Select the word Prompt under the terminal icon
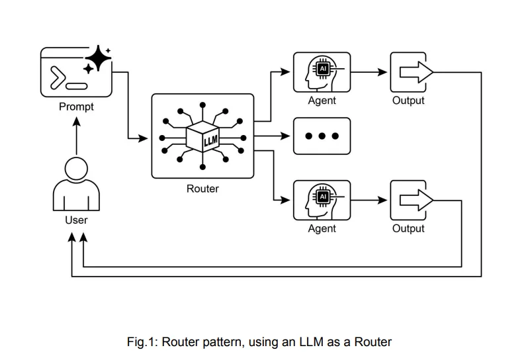[76, 107]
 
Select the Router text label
[202, 189]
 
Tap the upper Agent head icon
[322, 71]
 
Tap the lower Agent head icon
[322, 199]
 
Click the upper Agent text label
[322, 101]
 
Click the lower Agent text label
[322, 229]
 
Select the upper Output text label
[408, 101]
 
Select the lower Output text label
[408, 229]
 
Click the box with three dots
[322, 136]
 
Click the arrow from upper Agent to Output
[370, 71]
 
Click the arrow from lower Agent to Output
[370, 199]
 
